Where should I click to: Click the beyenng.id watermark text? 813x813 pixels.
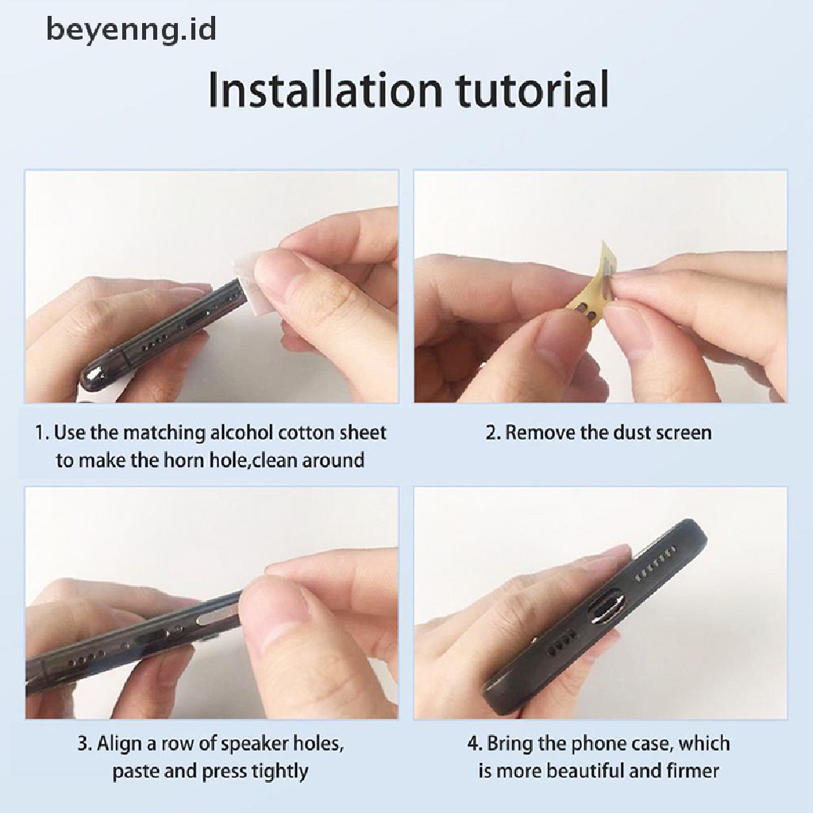click(131, 29)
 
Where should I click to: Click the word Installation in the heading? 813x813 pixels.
click(325, 90)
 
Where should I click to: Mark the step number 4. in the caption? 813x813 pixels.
click(475, 745)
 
